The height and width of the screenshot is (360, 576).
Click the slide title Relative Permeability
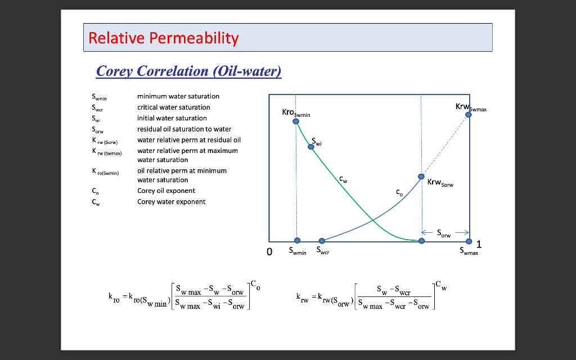(x=164, y=38)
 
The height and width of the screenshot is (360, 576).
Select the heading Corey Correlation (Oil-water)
(x=188, y=71)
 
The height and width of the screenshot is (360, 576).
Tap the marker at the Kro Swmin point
(x=296, y=121)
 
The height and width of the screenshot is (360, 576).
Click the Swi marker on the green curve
(x=311, y=147)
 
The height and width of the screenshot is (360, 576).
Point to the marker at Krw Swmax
(x=469, y=114)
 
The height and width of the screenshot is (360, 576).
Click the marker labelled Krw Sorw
(x=421, y=177)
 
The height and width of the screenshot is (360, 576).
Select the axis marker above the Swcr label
(x=321, y=241)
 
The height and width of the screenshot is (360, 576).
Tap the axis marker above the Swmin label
(x=298, y=241)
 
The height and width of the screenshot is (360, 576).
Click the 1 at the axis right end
(x=479, y=244)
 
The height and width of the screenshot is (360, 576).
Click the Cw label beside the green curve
(x=343, y=179)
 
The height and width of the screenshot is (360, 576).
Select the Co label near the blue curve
(x=399, y=192)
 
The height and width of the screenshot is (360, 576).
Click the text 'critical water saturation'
(x=174, y=107)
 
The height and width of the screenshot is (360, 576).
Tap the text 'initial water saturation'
(x=172, y=118)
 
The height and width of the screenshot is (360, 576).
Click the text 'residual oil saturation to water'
(x=184, y=129)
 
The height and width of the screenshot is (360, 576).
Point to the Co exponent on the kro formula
(x=255, y=285)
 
